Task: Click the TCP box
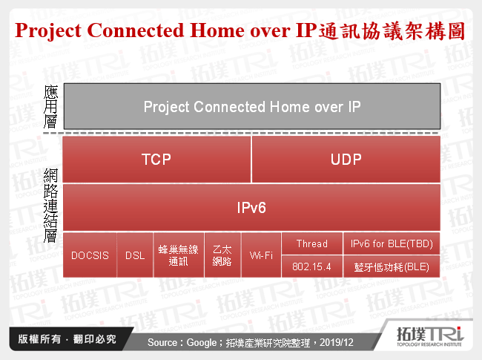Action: click(157, 159)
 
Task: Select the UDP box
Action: click(346, 159)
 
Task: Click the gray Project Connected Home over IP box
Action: click(251, 107)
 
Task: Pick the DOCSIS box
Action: click(90, 255)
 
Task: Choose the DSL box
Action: click(135, 255)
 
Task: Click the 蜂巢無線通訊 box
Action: click(179, 255)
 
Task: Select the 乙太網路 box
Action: click(222, 255)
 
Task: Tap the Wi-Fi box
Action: click(261, 255)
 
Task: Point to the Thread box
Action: click(311, 243)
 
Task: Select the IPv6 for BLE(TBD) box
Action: click(391, 243)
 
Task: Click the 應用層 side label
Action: click(50, 107)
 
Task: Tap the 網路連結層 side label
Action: click(50, 206)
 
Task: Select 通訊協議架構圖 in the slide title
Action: click(391, 31)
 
